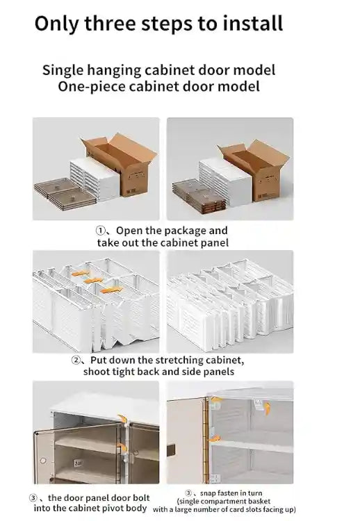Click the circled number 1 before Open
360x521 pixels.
[x=101, y=231]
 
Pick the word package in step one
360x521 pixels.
[x=185, y=231]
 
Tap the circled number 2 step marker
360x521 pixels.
[x=78, y=361]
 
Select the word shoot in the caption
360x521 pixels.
[x=98, y=372]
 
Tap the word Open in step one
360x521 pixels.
[x=129, y=231]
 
